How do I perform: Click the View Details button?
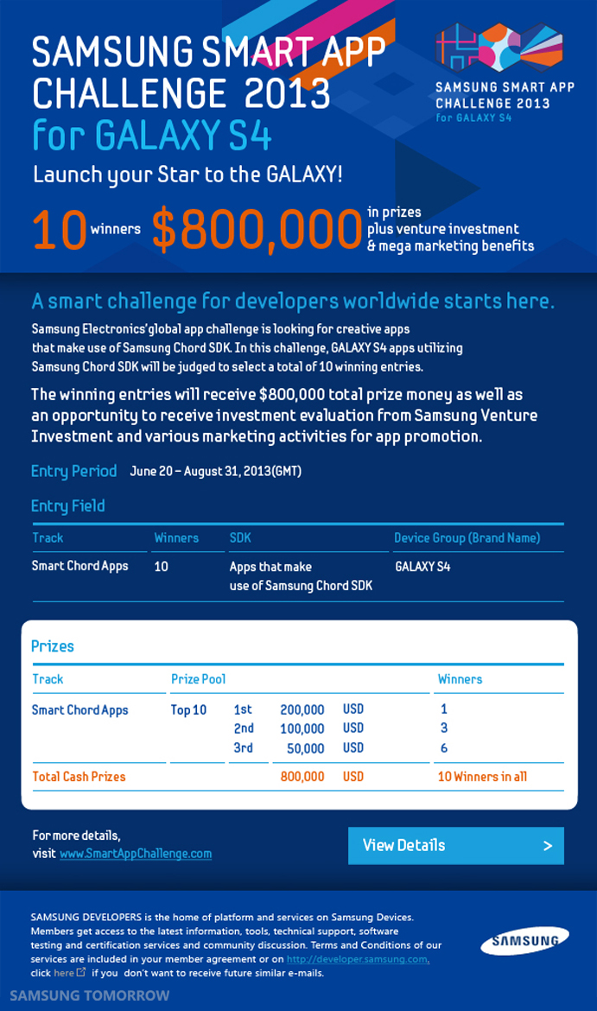pos(455,846)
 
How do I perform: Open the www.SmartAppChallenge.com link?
pos(136,854)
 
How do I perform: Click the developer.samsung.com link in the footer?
pos(358,959)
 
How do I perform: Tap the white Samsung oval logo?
pos(524,941)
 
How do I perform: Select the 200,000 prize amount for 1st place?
pos(302,710)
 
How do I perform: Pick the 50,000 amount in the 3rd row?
pos(306,748)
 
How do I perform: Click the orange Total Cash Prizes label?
pos(79,777)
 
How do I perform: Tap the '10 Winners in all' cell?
pos(482,777)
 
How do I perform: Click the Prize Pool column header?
pos(199,679)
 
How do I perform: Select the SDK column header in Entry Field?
pos(240,537)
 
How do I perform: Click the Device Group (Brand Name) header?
pos(467,537)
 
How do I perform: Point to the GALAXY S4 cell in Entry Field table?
pos(422,567)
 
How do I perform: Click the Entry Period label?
pos(73,471)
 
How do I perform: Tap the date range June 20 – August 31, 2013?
pos(215,472)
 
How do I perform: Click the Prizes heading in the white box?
pos(53,646)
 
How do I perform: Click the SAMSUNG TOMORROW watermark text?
pos(89,995)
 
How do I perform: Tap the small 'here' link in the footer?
pos(64,973)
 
